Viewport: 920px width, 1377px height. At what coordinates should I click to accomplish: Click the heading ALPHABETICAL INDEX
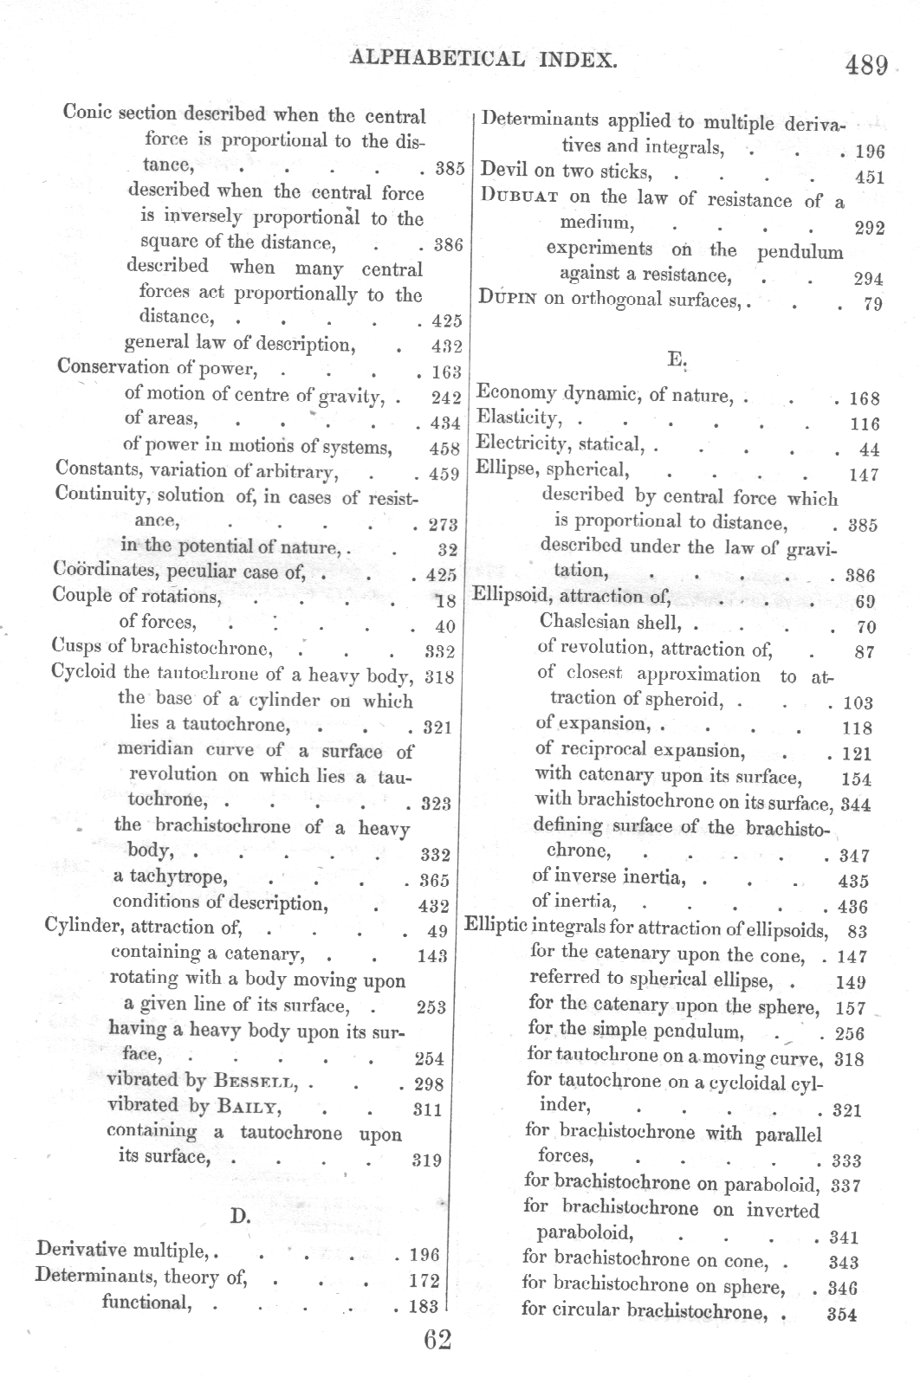(x=483, y=59)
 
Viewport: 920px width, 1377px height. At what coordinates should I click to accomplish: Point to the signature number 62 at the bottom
(x=438, y=1340)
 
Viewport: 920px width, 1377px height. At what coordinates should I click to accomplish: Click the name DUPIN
(x=508, y=299)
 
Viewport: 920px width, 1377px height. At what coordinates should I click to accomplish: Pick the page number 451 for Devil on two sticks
(x=869, y=178)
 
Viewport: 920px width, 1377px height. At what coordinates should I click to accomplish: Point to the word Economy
(x=517, y=394)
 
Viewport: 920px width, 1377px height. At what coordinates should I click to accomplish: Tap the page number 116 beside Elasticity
(x=865, y=424)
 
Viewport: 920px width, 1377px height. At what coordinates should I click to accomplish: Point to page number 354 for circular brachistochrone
(x=842, y=1314)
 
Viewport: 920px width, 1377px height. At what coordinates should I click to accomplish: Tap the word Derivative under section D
(x=81, y=1251)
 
